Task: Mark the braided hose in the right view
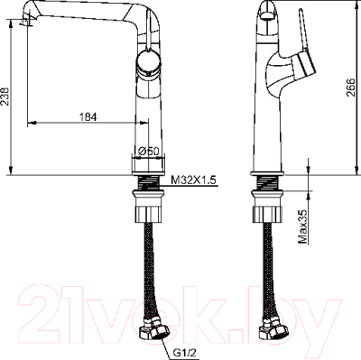tap(270, 271)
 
